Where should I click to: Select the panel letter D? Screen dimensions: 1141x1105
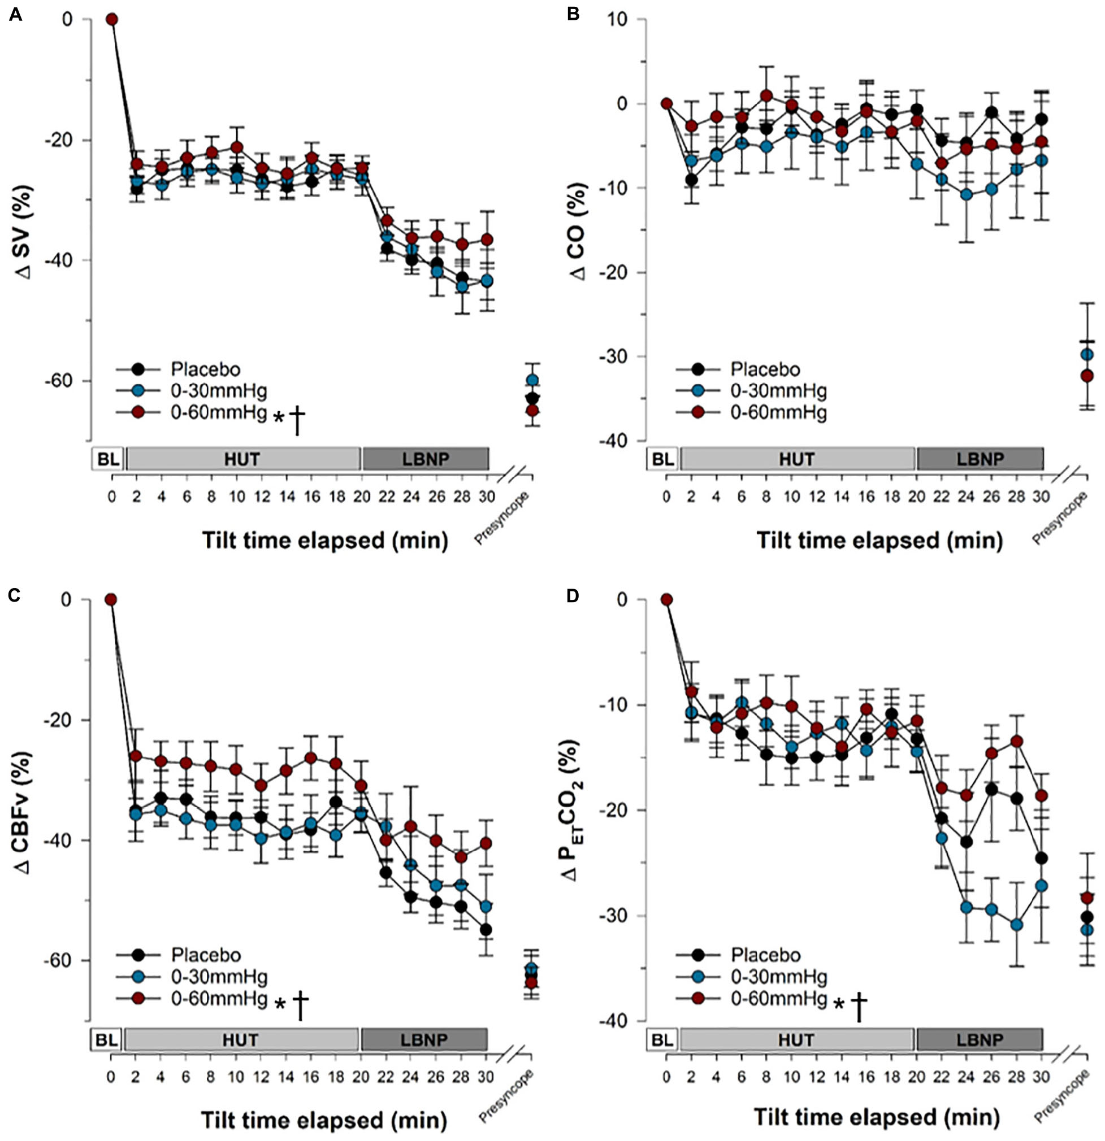pos(573,595)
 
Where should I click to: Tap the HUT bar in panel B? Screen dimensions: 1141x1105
pos(796,459)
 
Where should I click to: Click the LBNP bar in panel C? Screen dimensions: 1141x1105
pos(424,1040)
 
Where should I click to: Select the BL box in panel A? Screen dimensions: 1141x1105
pos(107,459)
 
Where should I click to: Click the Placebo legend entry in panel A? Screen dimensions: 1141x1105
pos(205,369)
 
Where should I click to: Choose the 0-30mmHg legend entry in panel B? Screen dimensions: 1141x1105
pos(778,391)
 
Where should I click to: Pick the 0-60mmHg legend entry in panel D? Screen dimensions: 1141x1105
pos(779,999)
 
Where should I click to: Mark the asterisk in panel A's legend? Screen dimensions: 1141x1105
pos(279,417)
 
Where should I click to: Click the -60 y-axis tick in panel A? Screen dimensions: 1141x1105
pos(69,381)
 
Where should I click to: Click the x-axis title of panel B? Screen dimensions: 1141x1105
pos(879,540)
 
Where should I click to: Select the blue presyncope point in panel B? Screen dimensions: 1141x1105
pos(1086,355)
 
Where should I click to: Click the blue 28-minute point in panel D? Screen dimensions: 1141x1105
pos(1016,925)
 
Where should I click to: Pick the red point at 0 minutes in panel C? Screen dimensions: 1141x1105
pos(111,600)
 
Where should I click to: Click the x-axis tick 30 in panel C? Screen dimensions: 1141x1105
pos(485,1077)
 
